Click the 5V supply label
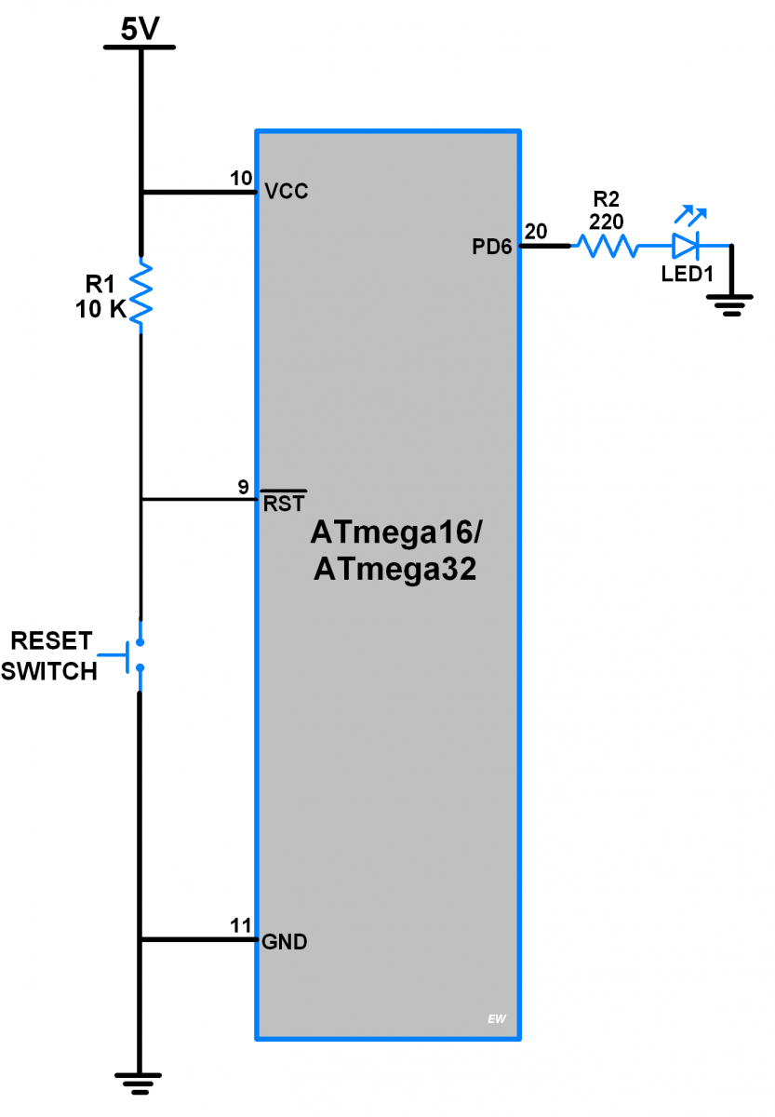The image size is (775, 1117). pos(140,29)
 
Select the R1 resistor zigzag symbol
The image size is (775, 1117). pos(140,293)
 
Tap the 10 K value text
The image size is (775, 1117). pos(101,310)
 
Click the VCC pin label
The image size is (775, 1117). pos(286,192)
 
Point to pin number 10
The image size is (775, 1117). pos(241,178)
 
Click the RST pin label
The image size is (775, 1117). pos(283,504)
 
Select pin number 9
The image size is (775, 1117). pos(243,487)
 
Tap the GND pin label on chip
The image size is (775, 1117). pos(285,942)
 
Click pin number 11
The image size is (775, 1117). pos(241,925)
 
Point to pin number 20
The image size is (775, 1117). pos(536,231)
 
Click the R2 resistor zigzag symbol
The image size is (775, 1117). pos(607,246)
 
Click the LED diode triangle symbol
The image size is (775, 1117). pos(686,246)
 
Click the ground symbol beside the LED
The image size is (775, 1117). pos(732,303)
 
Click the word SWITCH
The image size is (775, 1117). pos(48,671)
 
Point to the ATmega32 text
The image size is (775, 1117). pos(394,569)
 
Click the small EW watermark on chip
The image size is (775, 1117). pos(496,1019)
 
